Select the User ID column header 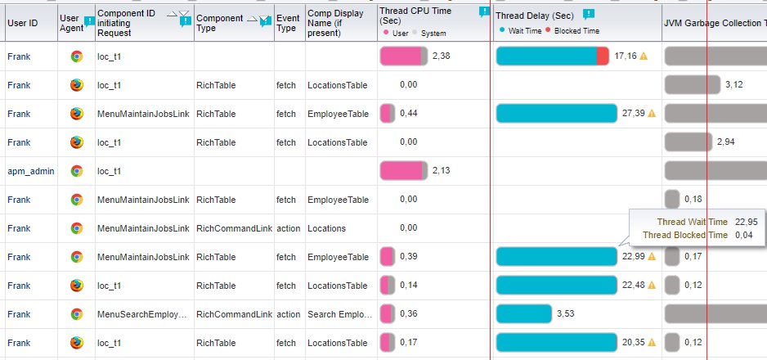coord(22,23)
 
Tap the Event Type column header coord(287,23)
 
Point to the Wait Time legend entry coord(521,30)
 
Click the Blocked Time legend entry coord(576,30)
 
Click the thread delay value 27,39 coord(633,114)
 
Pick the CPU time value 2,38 coord(442,56)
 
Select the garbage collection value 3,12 coord(734,85)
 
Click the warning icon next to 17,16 coord(644,56)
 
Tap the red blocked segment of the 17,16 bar coord(603,56)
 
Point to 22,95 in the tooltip coord(744,222)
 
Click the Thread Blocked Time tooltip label coord(685,235)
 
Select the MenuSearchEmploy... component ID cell coord(141,314)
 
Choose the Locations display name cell coord(326,228)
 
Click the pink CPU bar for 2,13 coord(401,171)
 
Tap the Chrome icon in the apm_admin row coord(76,171)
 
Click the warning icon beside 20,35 coord(652,343)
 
